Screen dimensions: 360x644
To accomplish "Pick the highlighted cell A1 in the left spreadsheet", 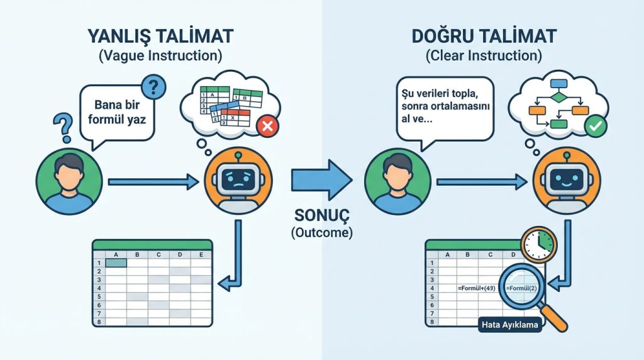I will (x=116, y=263).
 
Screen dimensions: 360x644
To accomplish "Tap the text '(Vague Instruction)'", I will (x=160, y=55).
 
